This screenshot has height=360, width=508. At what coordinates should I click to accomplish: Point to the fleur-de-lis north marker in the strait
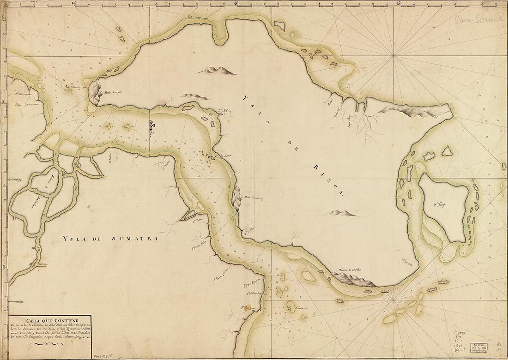point(150,128)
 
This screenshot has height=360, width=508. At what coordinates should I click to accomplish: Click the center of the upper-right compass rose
point(394,56)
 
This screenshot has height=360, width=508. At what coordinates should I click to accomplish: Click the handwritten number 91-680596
point(107,356)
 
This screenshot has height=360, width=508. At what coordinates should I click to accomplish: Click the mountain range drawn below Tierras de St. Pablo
point(351,279)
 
